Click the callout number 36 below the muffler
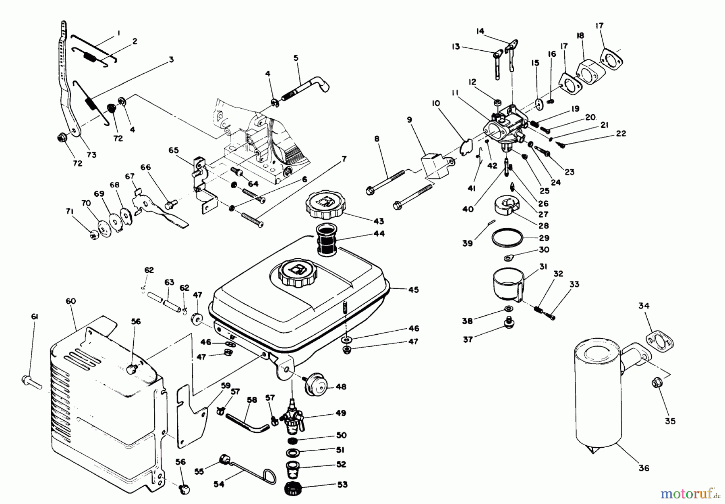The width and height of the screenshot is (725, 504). tap(644, 468)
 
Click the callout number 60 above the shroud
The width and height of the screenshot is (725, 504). tap(71, 301)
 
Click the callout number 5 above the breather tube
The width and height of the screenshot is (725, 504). tap(296, 58)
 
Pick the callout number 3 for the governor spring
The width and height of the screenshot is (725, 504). tap(171, 60)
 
